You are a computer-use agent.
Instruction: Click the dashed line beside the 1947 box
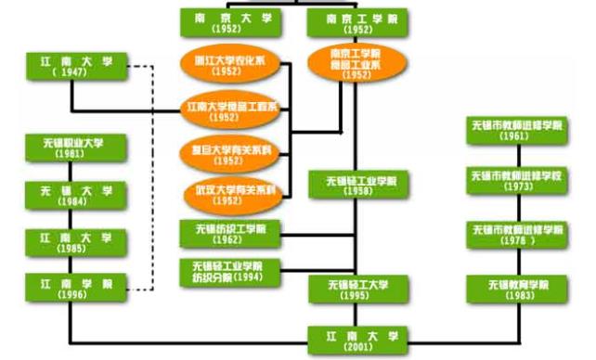click(151, 176)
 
